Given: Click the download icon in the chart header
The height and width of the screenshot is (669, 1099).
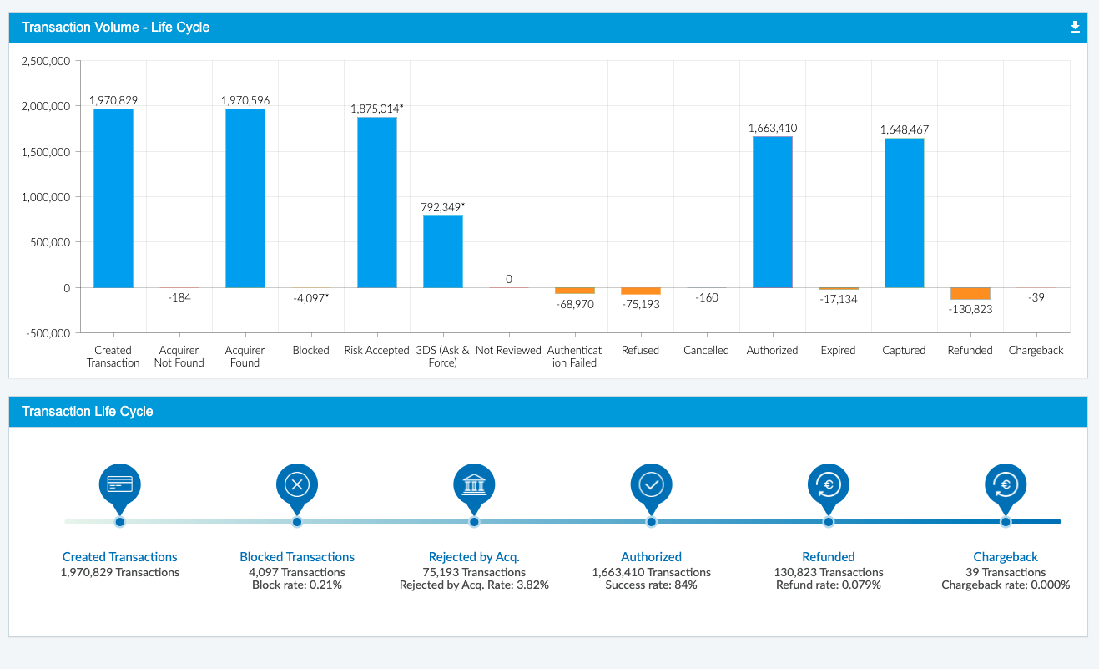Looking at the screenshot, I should [1075, 28].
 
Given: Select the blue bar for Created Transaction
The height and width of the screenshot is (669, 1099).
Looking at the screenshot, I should [113, 198].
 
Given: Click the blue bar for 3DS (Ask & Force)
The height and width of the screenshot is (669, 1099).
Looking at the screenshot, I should [442, 251].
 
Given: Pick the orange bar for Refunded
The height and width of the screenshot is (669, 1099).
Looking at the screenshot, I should [970, 293].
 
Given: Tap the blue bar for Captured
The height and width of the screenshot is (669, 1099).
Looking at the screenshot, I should [904, 213].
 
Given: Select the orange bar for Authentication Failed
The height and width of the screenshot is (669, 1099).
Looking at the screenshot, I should [574, 291].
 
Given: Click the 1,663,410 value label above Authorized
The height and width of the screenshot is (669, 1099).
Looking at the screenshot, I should [772, 128].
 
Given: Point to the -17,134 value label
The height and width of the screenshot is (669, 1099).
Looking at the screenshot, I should [838, 299].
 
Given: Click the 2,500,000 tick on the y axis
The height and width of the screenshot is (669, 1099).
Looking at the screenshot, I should [45, 62].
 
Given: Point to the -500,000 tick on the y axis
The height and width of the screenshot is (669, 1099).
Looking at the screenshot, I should [48, 333].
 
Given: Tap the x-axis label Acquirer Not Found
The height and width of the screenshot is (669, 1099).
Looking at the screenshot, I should [179, 357].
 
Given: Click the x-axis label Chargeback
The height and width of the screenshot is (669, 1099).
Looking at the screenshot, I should [1036, 351].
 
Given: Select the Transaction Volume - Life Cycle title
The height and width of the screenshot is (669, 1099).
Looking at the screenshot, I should [115, 28].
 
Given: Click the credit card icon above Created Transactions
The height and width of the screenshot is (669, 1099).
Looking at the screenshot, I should [119, 484].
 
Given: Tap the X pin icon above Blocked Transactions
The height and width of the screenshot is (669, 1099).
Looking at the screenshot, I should [297, 484].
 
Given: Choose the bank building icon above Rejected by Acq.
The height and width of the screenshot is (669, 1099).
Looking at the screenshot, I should [474, 484].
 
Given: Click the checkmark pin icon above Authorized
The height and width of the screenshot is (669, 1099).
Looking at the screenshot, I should [651, 484].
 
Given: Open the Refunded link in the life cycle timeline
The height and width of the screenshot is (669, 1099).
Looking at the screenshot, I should [828, 557].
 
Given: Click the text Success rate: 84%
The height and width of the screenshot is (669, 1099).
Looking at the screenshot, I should [651, 585].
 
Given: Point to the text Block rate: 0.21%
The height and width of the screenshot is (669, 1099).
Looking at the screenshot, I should [297, 585].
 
